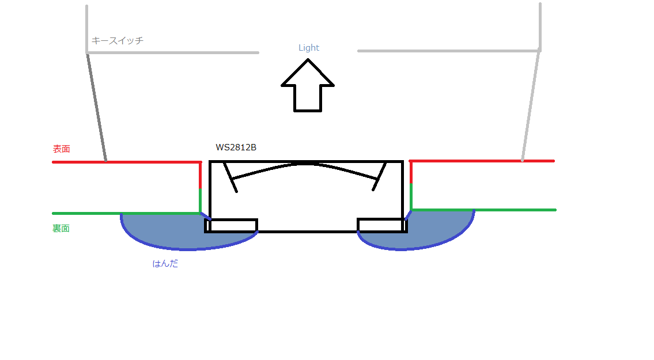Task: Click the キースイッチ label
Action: pos(117,40)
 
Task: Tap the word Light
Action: pos(309,48)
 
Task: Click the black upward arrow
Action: pos(308,85)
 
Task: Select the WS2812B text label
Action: pos(236,147)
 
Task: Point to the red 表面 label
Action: pos(61,149)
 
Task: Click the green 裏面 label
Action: pos(61,228)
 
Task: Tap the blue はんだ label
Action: pos(165,264)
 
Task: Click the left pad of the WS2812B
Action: pos(231,225)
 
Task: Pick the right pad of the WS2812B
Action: pos(382,225)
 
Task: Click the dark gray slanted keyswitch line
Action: pos(97,108)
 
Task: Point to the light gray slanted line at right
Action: pos(531,105)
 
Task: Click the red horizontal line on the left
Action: pos(127,162)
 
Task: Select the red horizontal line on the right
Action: pos(482,161)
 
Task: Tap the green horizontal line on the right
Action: pos(484,210)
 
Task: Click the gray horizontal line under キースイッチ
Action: pos(173,52)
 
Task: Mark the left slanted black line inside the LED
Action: pos(230,177)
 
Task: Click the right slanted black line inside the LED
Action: pos(379,177)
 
